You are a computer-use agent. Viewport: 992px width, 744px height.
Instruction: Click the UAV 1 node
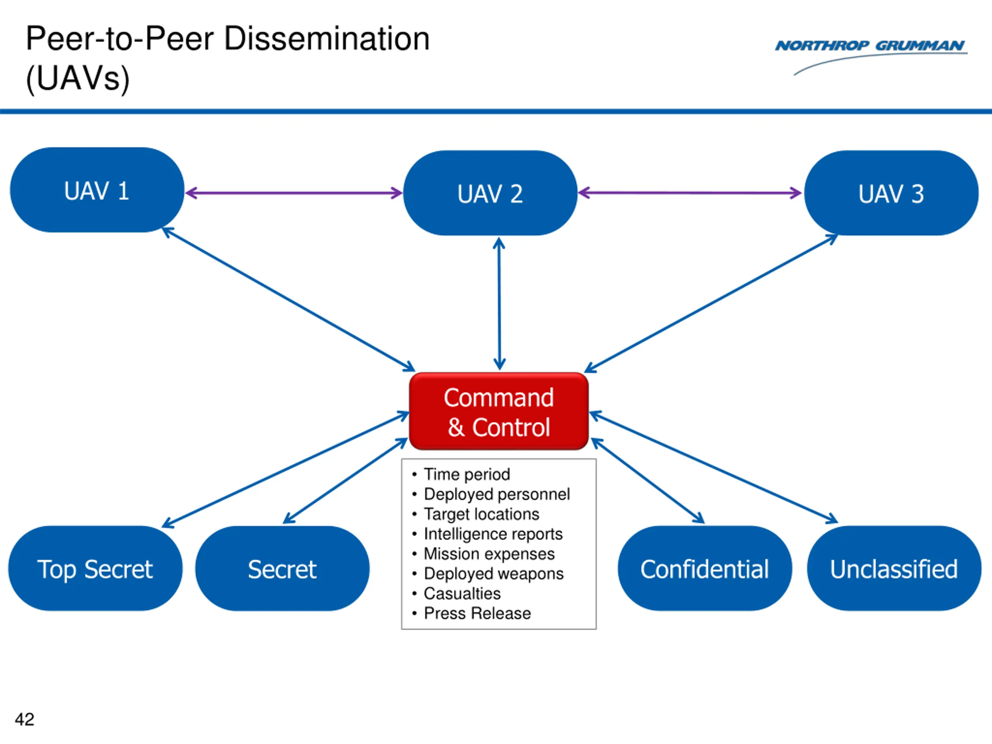click(97, 190)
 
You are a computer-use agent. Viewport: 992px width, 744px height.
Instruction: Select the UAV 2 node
click(490, 193)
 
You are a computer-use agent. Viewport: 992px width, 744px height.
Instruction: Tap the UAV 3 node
click(891, 193)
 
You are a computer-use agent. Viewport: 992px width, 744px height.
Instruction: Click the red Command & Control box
click(499, 411)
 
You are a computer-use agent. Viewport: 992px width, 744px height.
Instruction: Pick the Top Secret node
click(95, 568)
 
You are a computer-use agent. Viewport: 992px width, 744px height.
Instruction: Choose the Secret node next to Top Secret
click(282, 568)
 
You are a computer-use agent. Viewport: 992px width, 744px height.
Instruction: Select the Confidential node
click(704, 568)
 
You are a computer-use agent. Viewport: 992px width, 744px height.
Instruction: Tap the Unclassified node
click(894, 568)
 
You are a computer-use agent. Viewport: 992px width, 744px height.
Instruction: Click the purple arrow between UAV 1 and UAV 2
click(294, 193)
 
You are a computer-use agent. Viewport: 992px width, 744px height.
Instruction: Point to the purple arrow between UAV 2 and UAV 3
click(690, 193)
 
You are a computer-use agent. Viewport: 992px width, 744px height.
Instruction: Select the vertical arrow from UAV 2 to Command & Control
click(499, 304)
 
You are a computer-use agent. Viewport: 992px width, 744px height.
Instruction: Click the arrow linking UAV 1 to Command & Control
click(288, 300)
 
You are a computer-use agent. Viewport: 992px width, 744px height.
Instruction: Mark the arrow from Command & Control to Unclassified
click(714, 467)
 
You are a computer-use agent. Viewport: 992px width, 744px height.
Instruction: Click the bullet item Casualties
click(462, 593)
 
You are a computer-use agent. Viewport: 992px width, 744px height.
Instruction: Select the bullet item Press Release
click(477, 613)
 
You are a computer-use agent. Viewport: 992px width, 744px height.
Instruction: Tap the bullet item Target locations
click(481, 514)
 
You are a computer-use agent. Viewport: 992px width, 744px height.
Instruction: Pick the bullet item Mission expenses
click(489, 554)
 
